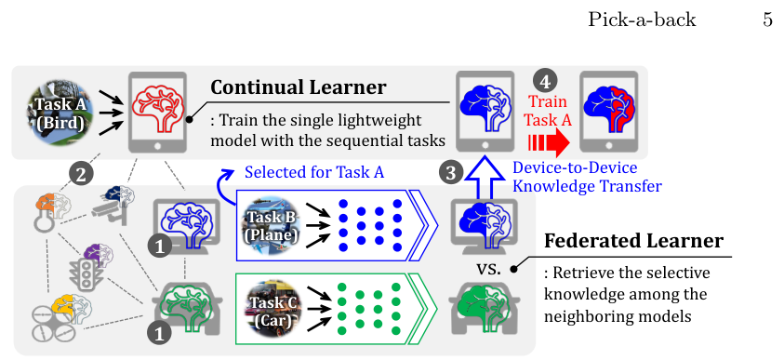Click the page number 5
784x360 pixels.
point(767,20)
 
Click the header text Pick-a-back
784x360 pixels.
point(642,20)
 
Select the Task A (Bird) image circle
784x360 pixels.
point(60,113)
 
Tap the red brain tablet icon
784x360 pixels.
point(157,113)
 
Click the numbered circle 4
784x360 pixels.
point(545,82)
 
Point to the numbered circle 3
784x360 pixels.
point(451,174)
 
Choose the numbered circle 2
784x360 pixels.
point(81,175)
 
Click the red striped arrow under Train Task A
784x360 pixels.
point(549,144)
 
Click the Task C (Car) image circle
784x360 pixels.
point(272,310)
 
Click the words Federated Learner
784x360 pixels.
point(633,242)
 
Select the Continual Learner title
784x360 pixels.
point(299,87)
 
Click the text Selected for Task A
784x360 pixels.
point(314,172)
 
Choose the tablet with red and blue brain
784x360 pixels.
point(608,112)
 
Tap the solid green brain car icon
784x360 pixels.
point(484,306)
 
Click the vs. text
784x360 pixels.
point(488,269)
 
